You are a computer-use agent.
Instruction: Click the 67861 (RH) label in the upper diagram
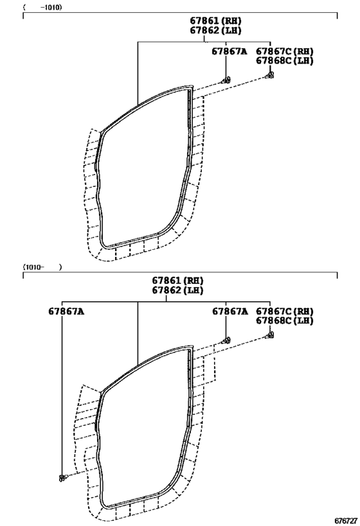[x=215, y=21]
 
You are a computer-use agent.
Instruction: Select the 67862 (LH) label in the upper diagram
[x=215, y=30]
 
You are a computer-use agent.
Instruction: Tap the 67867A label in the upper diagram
[x=229, y=51]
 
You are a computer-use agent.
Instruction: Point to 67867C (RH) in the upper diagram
[x=285, y=51]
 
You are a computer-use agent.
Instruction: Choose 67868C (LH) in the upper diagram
[x=285, y=61]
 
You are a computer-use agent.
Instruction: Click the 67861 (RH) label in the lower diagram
[x=177, y=281]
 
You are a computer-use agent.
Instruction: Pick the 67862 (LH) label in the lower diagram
[x=177, y=290]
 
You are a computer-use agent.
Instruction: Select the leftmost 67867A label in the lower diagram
[x=66, y=311]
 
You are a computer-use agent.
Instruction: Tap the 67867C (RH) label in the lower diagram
[x=285, y=311]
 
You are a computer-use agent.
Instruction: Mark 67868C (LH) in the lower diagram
[x=285, y=320]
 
